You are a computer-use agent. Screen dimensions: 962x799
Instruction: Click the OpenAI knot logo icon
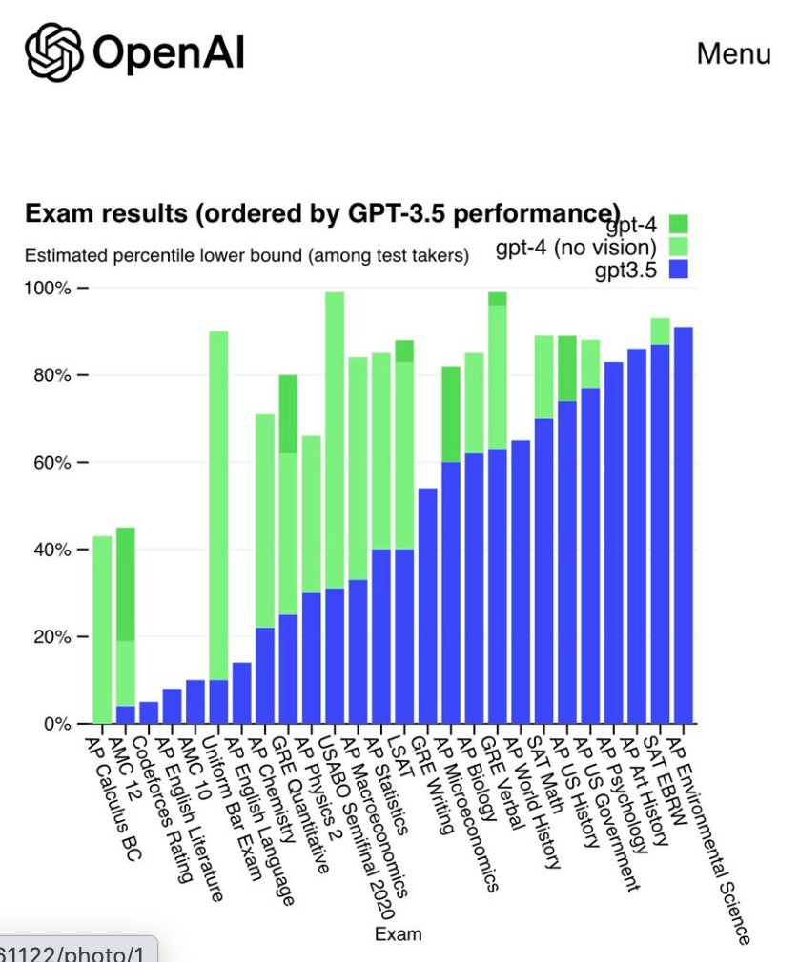[x=54, y=52]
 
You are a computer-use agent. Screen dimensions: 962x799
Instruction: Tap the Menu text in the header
[x=733, y=53]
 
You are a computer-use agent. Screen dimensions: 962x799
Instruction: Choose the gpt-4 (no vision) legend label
[x=576, y=248]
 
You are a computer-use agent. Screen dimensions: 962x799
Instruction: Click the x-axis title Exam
[x=398, y=933]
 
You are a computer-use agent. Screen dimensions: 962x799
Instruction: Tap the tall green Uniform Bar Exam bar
[x=218, y=505]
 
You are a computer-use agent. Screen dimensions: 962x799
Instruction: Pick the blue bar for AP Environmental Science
[x=683, y=524]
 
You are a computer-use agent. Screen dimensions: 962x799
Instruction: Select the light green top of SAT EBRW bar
[x=660, y=331]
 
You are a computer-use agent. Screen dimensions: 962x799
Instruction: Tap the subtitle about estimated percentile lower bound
[x=246, y=255]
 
